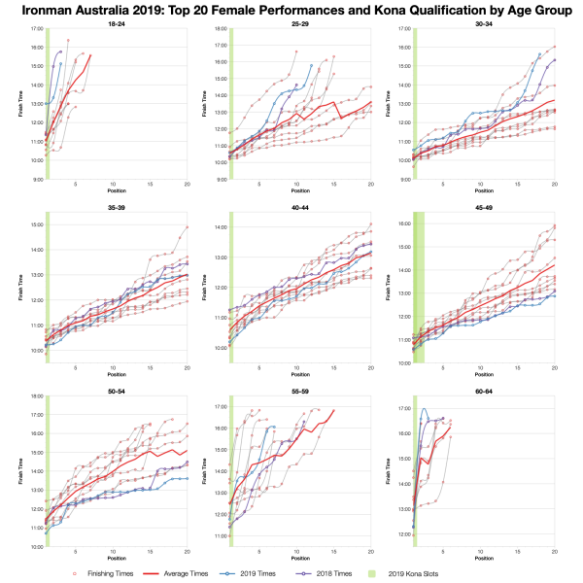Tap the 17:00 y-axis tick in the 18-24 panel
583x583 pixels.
[x=34, y=30]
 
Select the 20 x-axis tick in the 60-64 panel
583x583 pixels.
[x=554, y=553]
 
